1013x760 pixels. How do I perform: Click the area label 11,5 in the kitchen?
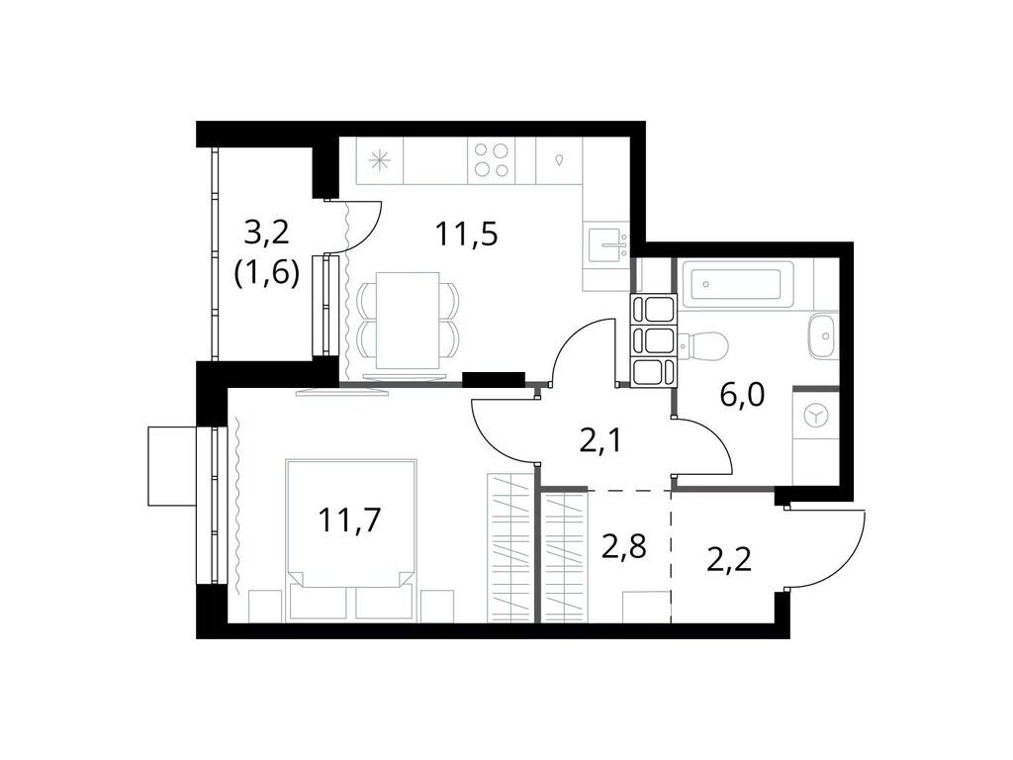point(465,235)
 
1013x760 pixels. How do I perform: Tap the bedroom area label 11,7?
point(349,519)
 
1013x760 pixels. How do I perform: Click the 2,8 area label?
point(624,545)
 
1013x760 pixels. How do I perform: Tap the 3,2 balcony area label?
point(266,234)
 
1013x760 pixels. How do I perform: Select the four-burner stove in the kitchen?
point(492,159)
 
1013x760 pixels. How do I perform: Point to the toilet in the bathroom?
point(706,345)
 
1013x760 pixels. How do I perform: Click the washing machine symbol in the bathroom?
point(816,417)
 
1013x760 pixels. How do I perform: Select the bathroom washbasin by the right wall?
point(822,335)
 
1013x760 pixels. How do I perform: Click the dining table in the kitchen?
point(409,322)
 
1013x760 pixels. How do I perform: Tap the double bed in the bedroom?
point(350,539)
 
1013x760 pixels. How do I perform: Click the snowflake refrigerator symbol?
point(379,160)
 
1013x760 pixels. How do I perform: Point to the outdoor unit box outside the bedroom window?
point(172,465)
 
